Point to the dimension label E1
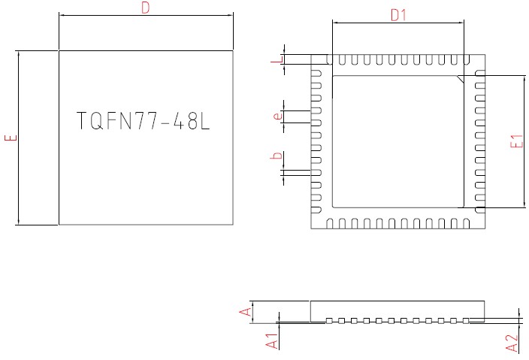tap(516, 141)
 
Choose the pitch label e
tap(277, 116)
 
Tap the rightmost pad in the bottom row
tap(464, 223)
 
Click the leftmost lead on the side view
tap(329, 321)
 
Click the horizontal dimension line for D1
tap(399, 23)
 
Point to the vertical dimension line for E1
tap(523, 141)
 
